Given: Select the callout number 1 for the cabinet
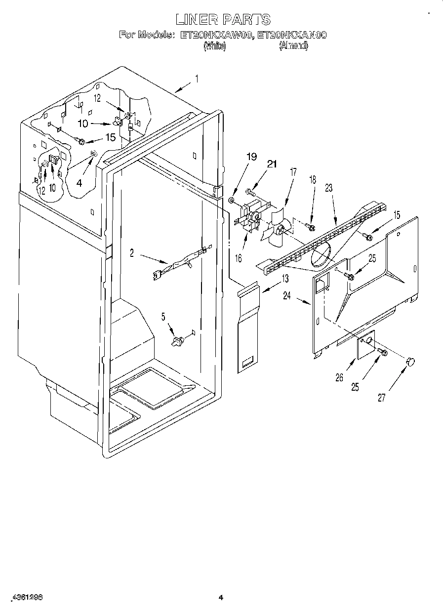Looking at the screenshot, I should pyautogui.click(x=197, y=79).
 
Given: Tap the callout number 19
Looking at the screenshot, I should pyautogui.click(x=251, y=157).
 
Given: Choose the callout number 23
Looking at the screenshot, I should pyautogui.click(x=329, y=188).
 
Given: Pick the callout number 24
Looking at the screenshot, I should pyautogui.click(x=286, y=296).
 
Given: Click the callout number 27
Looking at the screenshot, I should pyautogui.click(x=381, y=398).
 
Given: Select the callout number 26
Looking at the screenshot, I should pyautogui.click(x=338, y=378).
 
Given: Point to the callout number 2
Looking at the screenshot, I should pyautogui.click(x=132, y=253).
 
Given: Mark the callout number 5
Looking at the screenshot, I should pyautogui.click(x=163, y=317).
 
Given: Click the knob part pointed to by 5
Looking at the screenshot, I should pyautogui.click(x=178, y=340).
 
